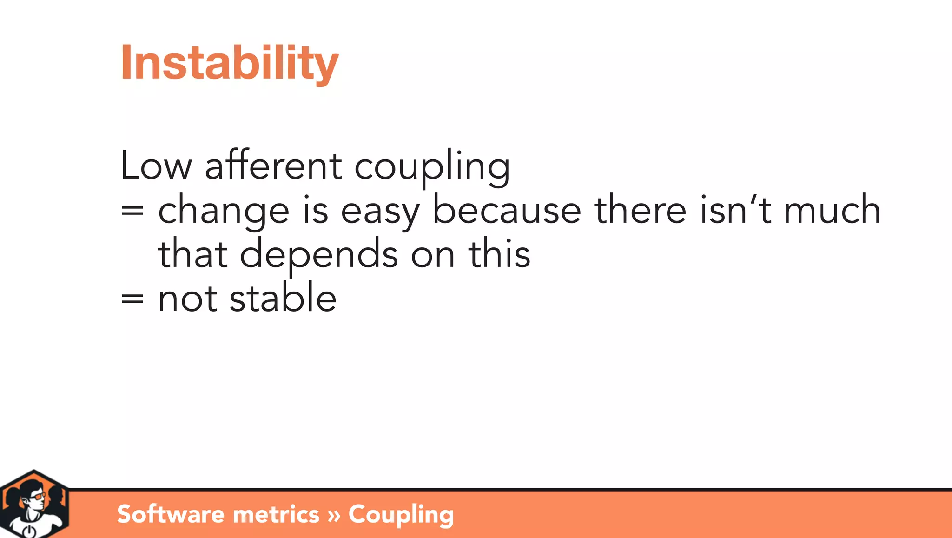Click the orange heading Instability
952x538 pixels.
coord(230,63)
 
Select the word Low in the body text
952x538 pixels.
coord(156,166)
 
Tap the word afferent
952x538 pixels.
coord(273,166)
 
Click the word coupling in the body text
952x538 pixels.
coord(432,167)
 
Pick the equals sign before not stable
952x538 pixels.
coord(132,299)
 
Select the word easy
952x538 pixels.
coord(380,212)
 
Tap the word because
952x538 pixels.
coord(507,210)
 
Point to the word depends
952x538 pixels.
coord(319,255)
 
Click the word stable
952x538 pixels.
coord(283,298)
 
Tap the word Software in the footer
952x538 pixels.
coord(171,514)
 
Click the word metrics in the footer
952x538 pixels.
coord(276,514)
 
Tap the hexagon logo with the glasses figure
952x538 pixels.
coord(34,505)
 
